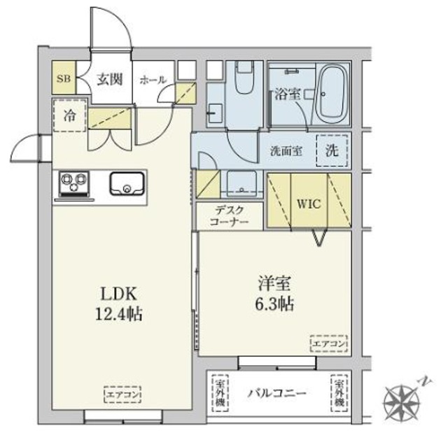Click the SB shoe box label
(64, 79)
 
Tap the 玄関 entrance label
(109, 79)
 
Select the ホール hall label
(153, 80)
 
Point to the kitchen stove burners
(72, 184)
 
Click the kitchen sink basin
(127, 183)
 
